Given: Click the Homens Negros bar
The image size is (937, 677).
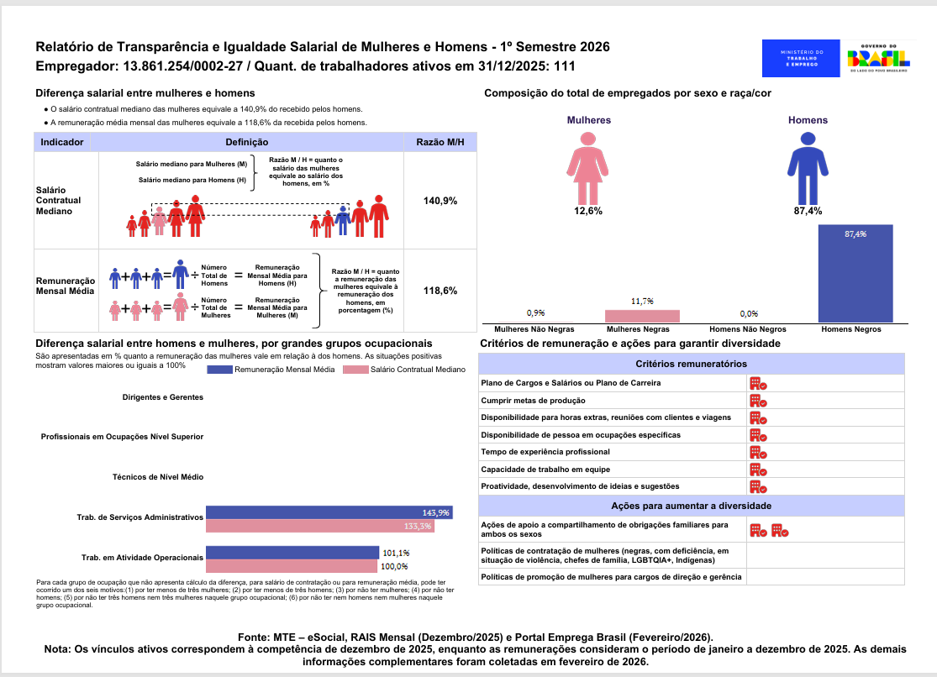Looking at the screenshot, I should pyautogui.click(x=855, y=274).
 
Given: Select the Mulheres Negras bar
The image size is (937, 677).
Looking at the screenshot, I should pyautogui.click(x=643, y=316).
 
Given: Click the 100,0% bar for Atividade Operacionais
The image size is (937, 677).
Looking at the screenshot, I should pyautogui.click(x=292, y=566).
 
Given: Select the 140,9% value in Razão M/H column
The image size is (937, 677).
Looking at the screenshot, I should pyautogui.click(x=440, y=201).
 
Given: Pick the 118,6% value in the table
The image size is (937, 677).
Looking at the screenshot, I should pyautogui.click(x=440, y=291).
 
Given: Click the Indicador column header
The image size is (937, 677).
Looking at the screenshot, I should pyautogui.click(x=61, y=142).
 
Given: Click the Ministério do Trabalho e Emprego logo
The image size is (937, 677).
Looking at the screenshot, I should pyautogui.click(x=802, y=58).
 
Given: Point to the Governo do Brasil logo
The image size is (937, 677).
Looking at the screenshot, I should pyautogui.click(x=877, y=58).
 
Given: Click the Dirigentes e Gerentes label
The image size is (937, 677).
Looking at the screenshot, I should pyautogui.click(x=163, y=396).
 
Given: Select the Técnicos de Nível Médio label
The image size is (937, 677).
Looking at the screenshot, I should pyautogui.click(x=158, y=477).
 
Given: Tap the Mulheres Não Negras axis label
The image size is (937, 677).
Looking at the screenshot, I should pyautogui.click(x=530, y=330).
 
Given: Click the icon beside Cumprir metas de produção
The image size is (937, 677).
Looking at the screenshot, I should pyautogui.click(x=758, y=401).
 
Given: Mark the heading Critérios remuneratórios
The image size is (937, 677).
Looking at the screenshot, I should pyautogui.click(x=691, y=364).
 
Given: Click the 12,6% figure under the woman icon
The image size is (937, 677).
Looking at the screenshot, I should pyautogui.click(x=588, y=211).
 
